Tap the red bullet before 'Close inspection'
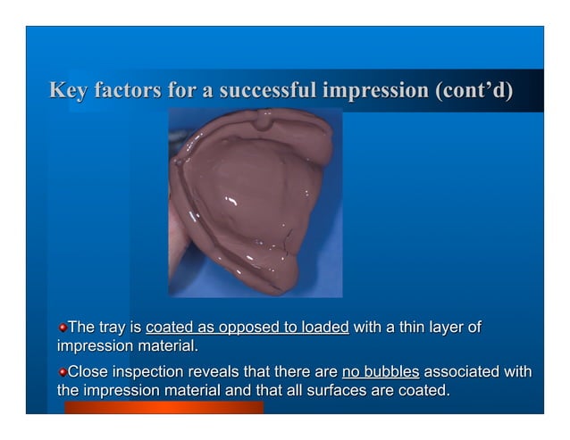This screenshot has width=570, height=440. tap(63, 372)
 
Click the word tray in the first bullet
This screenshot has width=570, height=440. tap(113, 328)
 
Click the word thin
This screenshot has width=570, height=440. tap(405, 328)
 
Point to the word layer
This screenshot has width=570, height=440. tap(443, 328)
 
